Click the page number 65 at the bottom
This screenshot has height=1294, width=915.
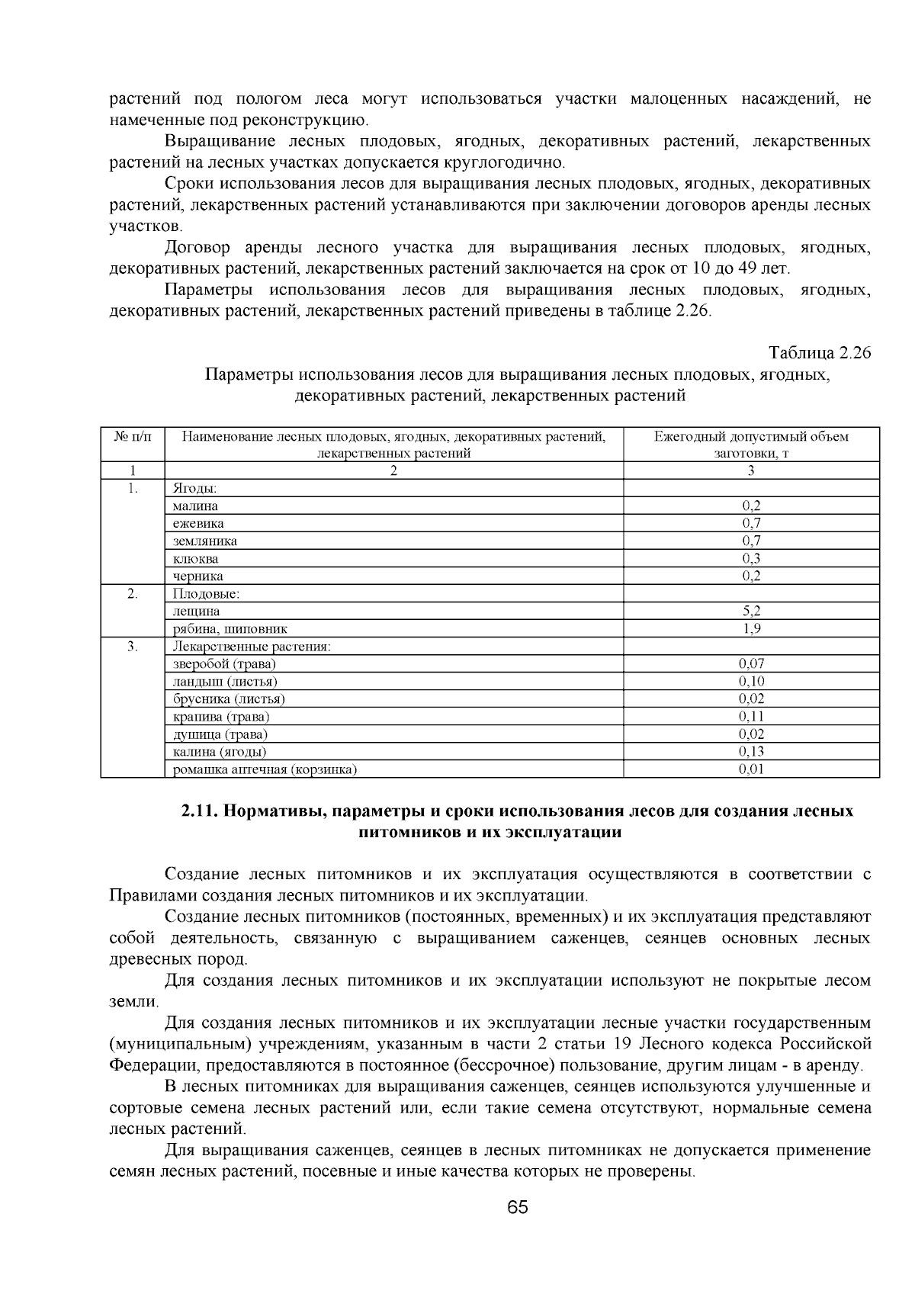[x=517, y=1208]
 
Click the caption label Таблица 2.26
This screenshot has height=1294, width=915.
[x=820, y=354]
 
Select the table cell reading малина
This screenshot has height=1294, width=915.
[x=195, y=506]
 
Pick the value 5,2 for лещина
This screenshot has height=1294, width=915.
[x=751, y=611]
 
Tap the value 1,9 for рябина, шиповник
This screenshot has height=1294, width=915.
[x=751, y=629]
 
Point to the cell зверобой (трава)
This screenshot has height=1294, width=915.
[x=224, y=664]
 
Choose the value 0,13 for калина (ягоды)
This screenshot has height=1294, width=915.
[x=751, y=752]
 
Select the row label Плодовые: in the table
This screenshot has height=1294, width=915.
[x=206, y=593]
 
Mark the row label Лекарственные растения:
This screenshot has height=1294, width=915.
[x=252, y=647]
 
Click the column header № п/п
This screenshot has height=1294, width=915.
[x=133, y=436]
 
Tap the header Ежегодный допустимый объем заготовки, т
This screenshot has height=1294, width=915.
[x=751, y=444]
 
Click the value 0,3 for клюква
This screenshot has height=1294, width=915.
[x=751, y=558]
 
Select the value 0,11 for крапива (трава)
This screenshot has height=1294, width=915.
[x=751, y=717]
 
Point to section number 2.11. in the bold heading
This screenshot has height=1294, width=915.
[x=200, y=811]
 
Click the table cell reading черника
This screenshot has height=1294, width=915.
[x=197, y=576]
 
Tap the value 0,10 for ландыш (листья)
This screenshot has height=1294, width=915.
[x=751, y=682]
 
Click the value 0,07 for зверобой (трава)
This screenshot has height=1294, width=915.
[x=751, y=664]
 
